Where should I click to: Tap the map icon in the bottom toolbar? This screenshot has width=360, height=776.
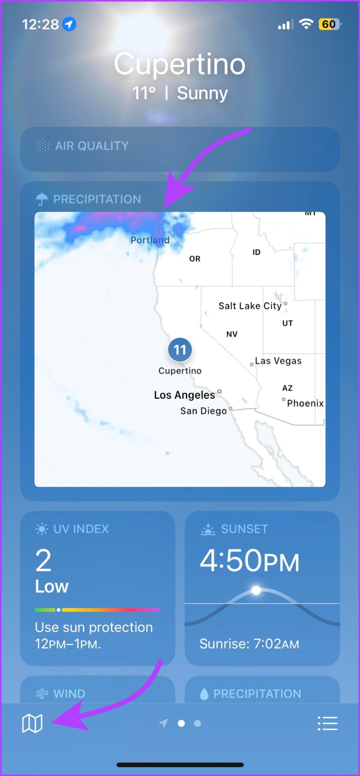click(32, 723)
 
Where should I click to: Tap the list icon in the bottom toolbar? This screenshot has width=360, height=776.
click(327, 723)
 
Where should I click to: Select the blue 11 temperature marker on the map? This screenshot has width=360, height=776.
click(180, 350)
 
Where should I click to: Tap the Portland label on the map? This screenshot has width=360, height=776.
click(150, 240)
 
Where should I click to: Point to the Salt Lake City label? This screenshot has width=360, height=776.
click(250, 306)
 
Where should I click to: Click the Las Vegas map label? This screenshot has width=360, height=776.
click(278, 361)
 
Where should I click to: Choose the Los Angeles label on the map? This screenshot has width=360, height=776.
click(184, 395)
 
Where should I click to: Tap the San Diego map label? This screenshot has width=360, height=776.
click(203, 411)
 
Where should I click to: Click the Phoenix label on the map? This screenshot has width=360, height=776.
click(305, 403)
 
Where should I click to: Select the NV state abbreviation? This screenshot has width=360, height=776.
click(232, 334)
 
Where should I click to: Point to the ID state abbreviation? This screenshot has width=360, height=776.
click(257, 252)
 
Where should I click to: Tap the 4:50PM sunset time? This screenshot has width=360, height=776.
click(249, 561)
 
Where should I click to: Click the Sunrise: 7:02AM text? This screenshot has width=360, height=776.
click(249, 644)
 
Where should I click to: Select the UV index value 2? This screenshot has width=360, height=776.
click(43, 561)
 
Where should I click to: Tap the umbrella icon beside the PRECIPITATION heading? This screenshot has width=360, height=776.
click(42, 199)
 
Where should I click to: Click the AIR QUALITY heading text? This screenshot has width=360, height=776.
click(92, 146)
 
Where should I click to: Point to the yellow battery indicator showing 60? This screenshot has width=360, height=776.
click(329, 24)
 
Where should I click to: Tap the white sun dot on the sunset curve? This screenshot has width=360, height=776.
click(256, 590)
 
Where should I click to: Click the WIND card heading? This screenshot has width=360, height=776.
click(69, 694)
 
